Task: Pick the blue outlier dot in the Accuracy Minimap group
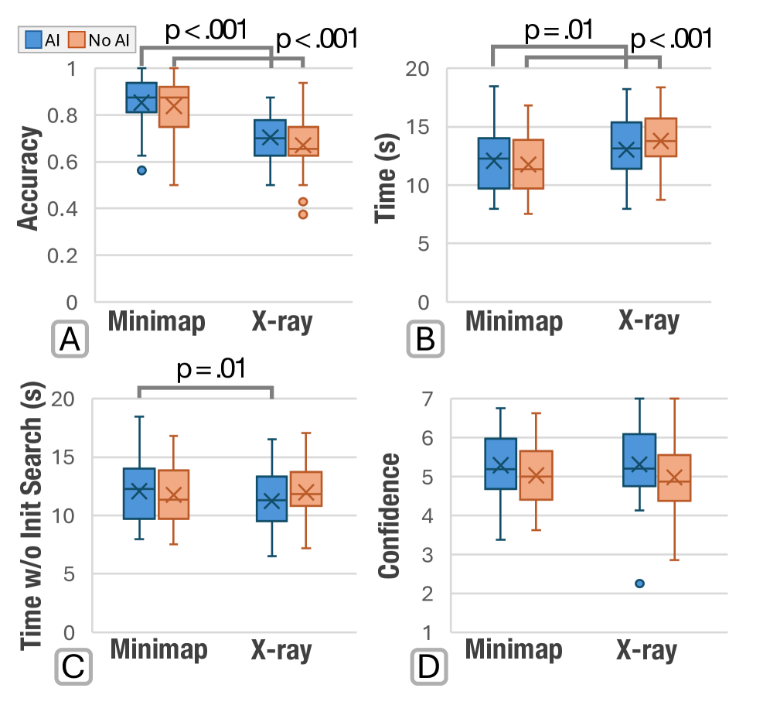point(141,170)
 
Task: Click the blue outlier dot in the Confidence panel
point(639,584)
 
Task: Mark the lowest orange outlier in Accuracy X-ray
point(303,214)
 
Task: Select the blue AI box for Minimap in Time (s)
point(493,163)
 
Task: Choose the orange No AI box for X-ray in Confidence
point(674,478)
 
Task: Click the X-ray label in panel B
point(648,321)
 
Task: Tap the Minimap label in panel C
point(158,650)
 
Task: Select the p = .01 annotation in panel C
point(206,368)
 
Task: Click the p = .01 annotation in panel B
point(558,31)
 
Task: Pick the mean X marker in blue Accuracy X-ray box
point(271,138)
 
